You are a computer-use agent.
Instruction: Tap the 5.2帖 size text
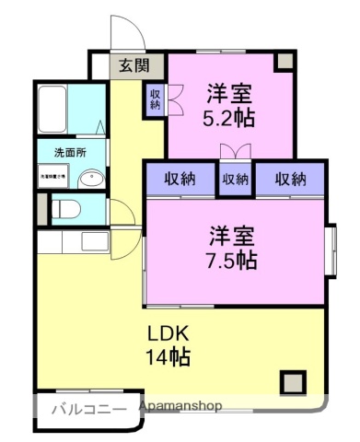click(230, 117)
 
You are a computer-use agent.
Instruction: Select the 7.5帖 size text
click(231, 260)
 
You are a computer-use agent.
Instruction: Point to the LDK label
click(166, 334)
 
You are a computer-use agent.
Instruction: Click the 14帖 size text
click(166, 357)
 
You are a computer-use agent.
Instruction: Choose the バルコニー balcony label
click(87, 409)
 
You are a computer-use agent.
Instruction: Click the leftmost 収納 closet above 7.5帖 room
click(180, 180)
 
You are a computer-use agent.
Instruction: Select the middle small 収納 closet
click(236, 180)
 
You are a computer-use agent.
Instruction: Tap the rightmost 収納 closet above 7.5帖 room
click(290, 180)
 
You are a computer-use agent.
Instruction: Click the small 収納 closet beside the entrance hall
click(154, 98)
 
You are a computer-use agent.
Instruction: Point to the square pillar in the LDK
click(294, 381)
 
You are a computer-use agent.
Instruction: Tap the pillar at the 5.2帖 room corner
click(285, 61)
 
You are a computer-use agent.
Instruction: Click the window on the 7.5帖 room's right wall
click(331, 250)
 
